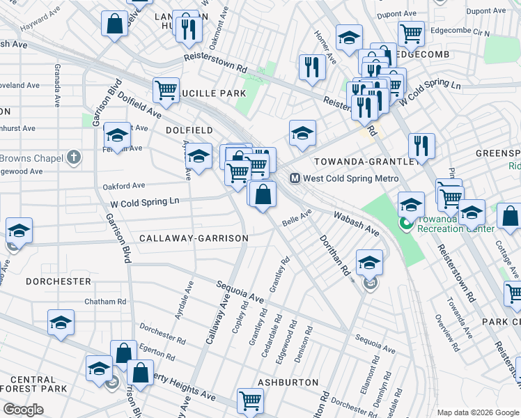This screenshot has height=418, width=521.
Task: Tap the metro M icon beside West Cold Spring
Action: click(x=295, y=178)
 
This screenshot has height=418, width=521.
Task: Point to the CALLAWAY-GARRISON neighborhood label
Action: click(x=194, y=238)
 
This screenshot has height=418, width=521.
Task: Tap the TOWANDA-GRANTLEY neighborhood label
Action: click(x=366, y=161)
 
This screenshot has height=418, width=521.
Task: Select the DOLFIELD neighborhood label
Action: click(x=189, y=130)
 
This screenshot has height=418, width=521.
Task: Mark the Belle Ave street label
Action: click(x=296, y=218)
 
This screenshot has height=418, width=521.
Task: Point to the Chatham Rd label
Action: click(x=104, y=302)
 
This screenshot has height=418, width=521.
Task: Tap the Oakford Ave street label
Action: click(x=123, y=186)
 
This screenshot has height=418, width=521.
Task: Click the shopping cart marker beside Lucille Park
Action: click(x=166, y=88)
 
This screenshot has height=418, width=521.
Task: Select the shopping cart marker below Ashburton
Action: click(x=250, y=400)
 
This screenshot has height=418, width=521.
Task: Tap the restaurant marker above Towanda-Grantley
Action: click(x=421, y=146)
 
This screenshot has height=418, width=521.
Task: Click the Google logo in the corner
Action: click(x=23, y=410)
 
